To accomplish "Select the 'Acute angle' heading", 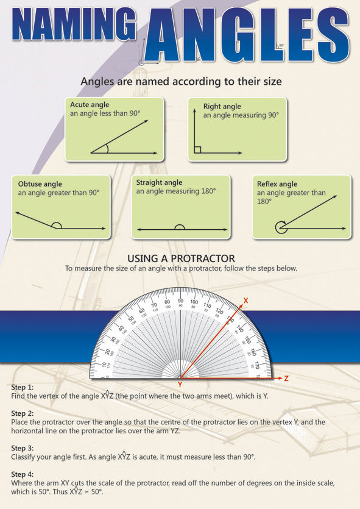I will point(90,105).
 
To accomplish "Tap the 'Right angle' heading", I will point(222,106).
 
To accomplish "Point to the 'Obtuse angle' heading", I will point(40,183).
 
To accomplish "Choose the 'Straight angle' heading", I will point(159,182).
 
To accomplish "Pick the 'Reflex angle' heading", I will point(277,183).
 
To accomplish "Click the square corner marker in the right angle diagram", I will point(198,149).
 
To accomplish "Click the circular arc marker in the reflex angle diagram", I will point(280,227).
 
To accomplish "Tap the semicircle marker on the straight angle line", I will point(179,227).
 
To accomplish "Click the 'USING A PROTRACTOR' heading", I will point(180,259).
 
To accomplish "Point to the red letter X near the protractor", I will point(245,301).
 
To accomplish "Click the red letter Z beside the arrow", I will point(286,379).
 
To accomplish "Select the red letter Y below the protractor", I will point(180,385).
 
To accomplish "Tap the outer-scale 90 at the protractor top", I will point(180,301).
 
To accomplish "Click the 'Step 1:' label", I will point(23,387).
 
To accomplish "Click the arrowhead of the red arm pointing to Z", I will point(279,379).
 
